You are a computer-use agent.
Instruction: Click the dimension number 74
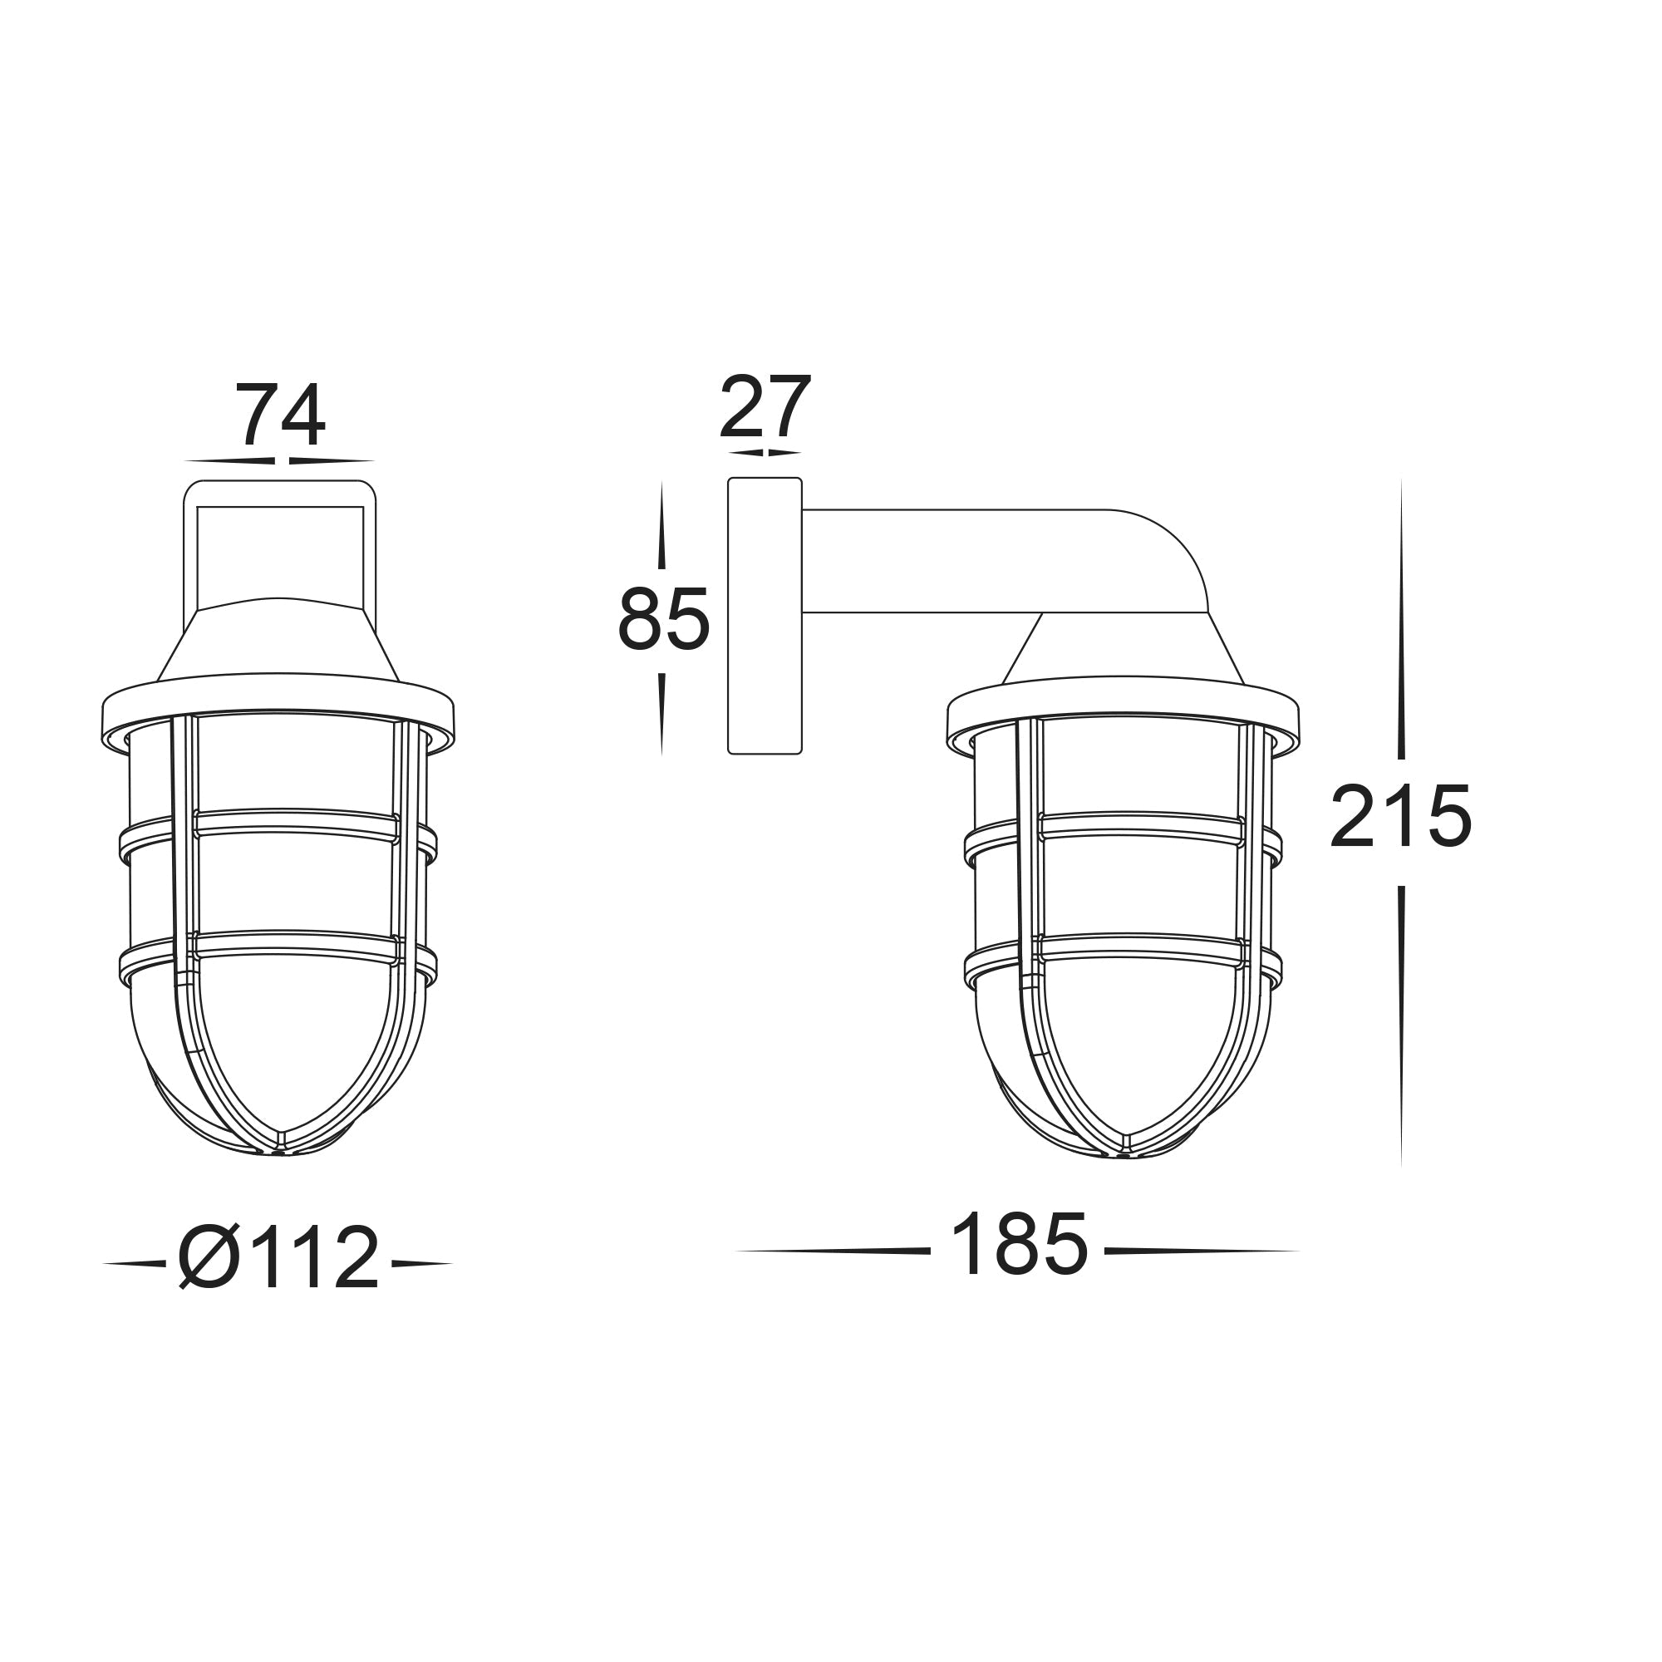280,415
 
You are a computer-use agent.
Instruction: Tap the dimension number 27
765,407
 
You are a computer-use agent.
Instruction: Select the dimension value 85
663,619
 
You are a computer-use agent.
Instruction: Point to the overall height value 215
1400,818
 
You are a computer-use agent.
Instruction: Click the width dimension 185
1020,1246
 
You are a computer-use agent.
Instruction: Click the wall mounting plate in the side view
765,616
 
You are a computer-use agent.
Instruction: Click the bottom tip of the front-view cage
280,1150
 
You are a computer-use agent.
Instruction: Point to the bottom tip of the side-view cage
1125,1153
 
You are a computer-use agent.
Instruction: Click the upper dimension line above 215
1400,619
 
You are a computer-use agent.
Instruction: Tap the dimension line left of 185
833,1251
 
